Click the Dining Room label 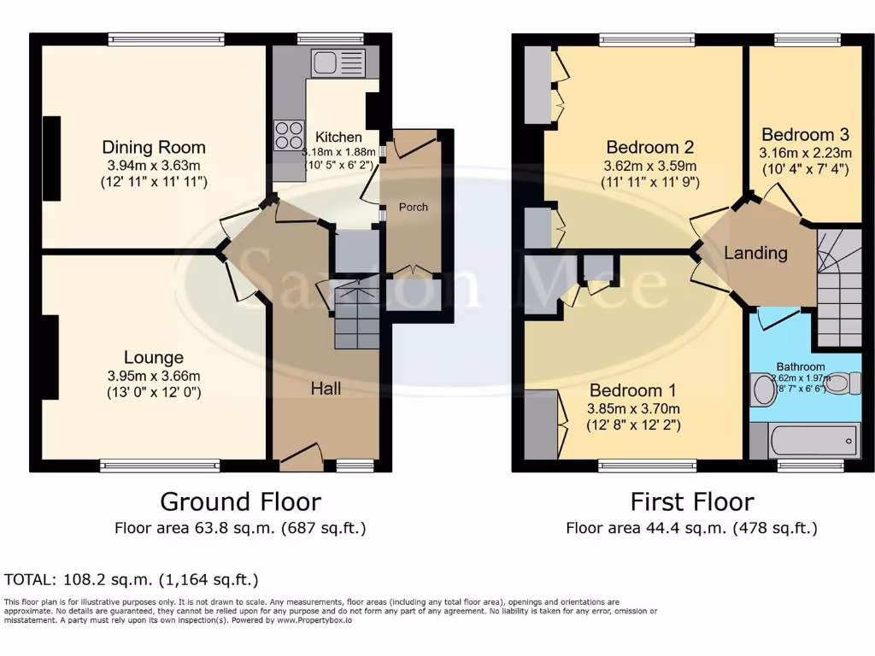click(154, 147)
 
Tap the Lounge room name click(154, 358)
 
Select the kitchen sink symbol click(338, 62)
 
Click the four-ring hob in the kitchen click(290, 136)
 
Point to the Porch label click(414, 207)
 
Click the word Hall click(326, 389)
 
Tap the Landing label click(755, 253)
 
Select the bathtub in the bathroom click(815, 440)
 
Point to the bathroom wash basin click(763, 389)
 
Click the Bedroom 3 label click(805, 134)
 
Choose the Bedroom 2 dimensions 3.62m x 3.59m click(649, 166)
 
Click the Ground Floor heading click(240, 501)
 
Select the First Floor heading click(691, 501)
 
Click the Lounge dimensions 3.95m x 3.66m click(154, 376)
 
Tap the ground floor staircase click(356, 317)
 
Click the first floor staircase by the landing click(837, 286)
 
